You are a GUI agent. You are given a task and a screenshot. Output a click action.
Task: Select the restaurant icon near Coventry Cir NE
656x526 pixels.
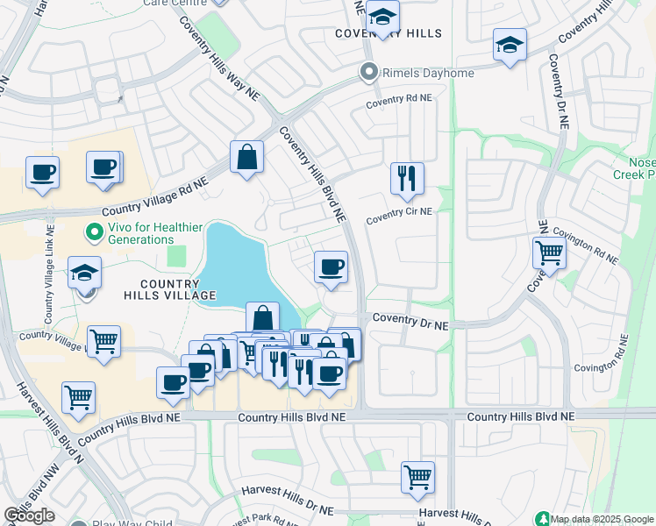point(407,178)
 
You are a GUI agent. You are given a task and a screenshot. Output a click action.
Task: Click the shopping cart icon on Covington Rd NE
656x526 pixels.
point(549,252)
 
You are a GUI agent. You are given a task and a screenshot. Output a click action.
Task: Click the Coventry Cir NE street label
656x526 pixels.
point(399,212)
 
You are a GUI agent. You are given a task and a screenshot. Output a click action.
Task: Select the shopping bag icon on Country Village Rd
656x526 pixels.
point(247,157)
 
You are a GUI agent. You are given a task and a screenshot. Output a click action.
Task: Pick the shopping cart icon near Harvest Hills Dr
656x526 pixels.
point(418,477)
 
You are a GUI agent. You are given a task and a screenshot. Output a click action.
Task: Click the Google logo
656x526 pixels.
point(29,515)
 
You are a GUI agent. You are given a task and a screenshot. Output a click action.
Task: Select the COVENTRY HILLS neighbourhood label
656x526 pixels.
point(389,33)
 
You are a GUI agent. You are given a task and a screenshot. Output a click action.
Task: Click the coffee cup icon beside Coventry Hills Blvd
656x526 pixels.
point(331,267)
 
